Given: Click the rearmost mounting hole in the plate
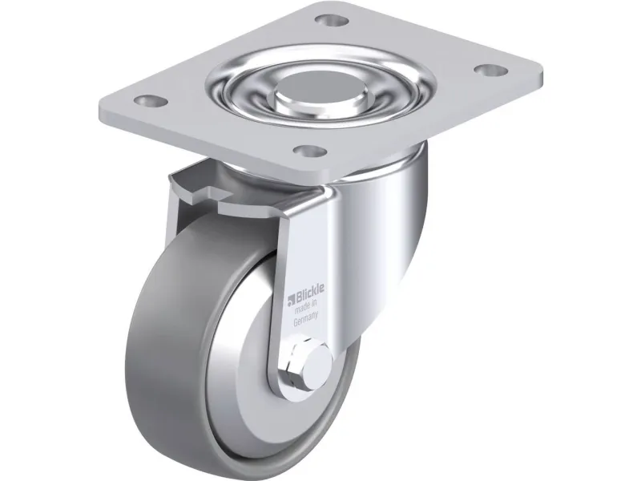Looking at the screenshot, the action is pos(332,19).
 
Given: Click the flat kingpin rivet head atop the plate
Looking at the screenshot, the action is pos(317,85).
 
